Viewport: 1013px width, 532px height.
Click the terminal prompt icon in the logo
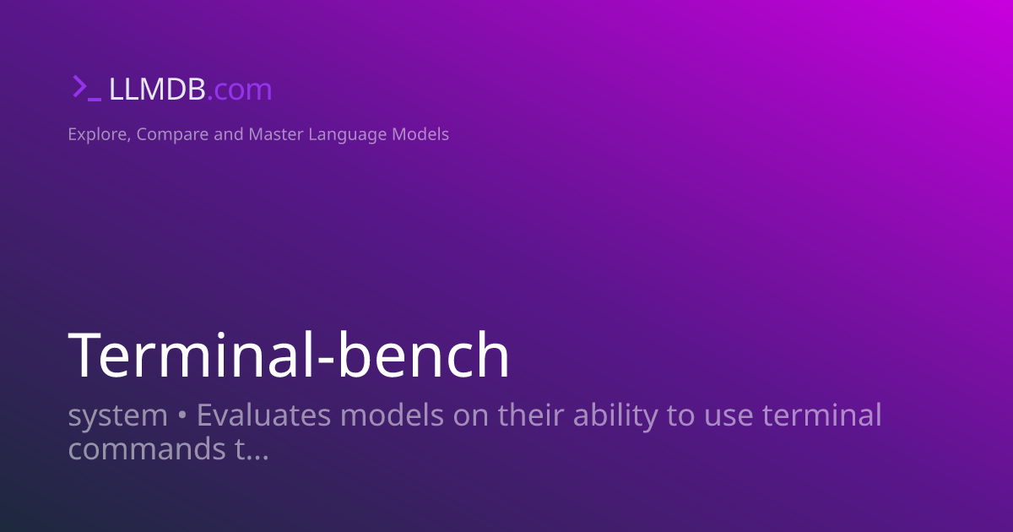click(86, 88)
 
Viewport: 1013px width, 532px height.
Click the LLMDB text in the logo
click(156, 90)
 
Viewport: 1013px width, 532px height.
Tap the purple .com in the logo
click(239, 90)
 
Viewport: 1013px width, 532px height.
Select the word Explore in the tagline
click(97, 134)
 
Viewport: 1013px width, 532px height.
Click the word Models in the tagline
click(420, 134)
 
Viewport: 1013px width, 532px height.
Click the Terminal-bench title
click(289, 356)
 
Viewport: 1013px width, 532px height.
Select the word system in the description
click(117, 415)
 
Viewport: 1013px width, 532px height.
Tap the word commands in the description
click(146, 448)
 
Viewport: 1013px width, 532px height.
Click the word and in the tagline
click(229, 134)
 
